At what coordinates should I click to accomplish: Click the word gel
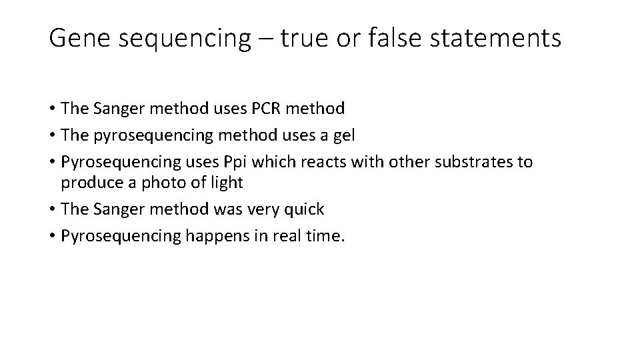(343, 135)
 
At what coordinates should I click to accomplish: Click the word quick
(305, 209)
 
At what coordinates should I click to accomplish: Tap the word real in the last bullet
(291, 237)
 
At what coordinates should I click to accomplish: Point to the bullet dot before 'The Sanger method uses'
(52, 108)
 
